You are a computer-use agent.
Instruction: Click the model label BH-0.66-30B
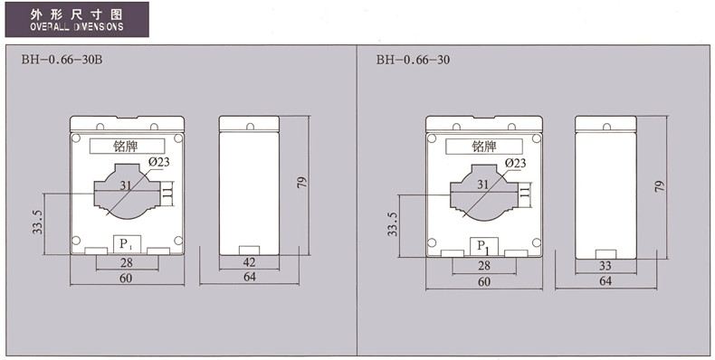pos(62,60)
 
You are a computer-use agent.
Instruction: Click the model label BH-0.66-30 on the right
pos(413,60)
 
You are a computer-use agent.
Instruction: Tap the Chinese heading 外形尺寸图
pos(77,14)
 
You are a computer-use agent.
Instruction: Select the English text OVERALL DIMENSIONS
pos(77,26)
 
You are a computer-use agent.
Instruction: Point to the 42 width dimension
pos(250,262)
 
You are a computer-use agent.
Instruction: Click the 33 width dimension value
pos(605,266)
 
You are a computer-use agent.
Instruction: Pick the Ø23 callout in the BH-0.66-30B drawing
pos(158,161)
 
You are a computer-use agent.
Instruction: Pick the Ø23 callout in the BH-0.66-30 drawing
pos(515,163)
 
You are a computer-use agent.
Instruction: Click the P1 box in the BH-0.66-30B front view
pos(127,244)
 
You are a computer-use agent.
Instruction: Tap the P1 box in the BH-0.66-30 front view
pos(484,247)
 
